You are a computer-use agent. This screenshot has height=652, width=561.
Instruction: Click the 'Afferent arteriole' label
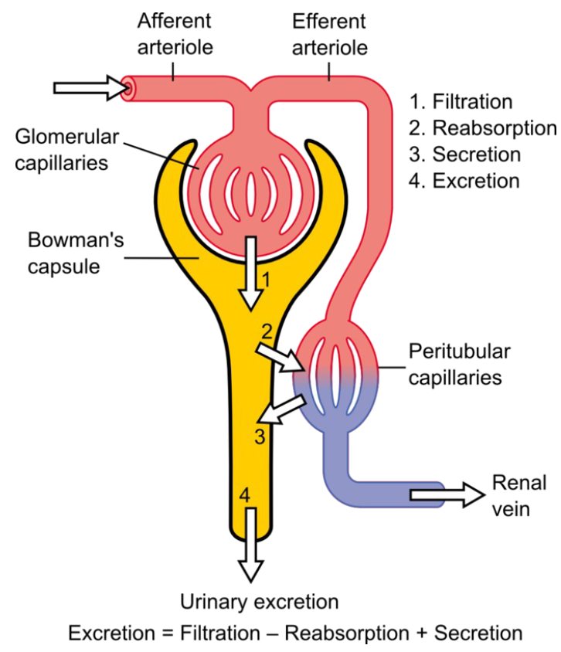[x=174, y=32]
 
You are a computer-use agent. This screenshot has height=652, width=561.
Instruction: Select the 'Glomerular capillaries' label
[x=67, y=150]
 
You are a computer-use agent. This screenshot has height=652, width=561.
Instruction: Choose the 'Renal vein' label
[x=519, y=496]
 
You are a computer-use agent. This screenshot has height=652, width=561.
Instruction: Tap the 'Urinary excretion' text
[x=259, y=601]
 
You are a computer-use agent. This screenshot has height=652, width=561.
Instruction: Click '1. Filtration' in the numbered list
[x=461, y=102]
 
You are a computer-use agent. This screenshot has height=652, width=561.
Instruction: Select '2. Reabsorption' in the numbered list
[x=482, y=128]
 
